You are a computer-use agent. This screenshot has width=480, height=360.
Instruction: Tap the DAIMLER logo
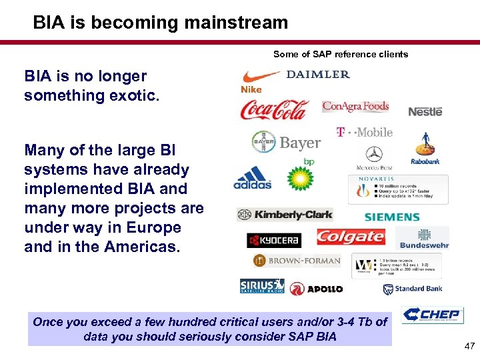(318, 74)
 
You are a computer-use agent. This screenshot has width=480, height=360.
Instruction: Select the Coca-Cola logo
(274, 109)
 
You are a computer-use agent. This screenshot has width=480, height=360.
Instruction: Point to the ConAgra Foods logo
(355, 106)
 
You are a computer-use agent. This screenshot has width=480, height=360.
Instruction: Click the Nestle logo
(425, 111)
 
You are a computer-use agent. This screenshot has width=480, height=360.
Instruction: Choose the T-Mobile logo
(364, 132)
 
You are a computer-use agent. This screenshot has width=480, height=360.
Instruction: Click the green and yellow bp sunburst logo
(300, 177)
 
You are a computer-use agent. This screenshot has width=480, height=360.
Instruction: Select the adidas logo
(253, 177)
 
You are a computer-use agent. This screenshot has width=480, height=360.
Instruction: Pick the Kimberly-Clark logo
(285, 215)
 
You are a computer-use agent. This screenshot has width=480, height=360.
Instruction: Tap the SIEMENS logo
(392, 217)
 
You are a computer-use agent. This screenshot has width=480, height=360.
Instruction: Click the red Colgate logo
(350, 237)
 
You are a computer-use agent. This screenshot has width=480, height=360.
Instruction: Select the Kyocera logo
(274, 240)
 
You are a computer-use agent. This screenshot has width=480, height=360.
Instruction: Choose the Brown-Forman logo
(296, 261)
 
